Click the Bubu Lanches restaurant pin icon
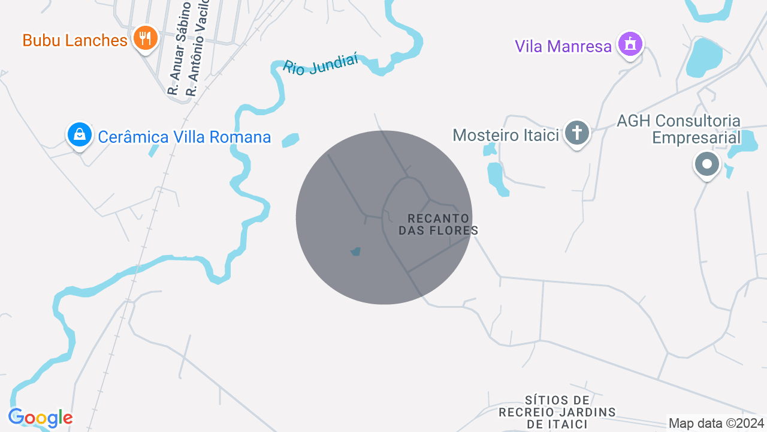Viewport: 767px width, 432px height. point(144,38)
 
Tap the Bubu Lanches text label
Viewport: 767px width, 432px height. point(75,40)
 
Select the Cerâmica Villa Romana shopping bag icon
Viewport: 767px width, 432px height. point(79,135)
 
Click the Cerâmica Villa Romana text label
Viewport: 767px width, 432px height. point(184,137)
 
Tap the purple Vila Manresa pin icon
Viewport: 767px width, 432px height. point(630,44)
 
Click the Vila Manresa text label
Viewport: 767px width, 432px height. point(563,46)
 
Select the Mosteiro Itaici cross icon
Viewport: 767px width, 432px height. point(577,133)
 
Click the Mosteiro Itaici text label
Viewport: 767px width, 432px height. point(506,134)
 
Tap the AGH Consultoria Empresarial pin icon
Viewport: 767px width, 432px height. point(707,164)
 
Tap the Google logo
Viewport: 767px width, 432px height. point(40,418)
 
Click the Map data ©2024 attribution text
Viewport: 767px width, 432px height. point(716,423)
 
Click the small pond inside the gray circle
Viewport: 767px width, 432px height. point(356,251)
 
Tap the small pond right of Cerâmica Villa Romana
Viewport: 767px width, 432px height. point(290,140)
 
